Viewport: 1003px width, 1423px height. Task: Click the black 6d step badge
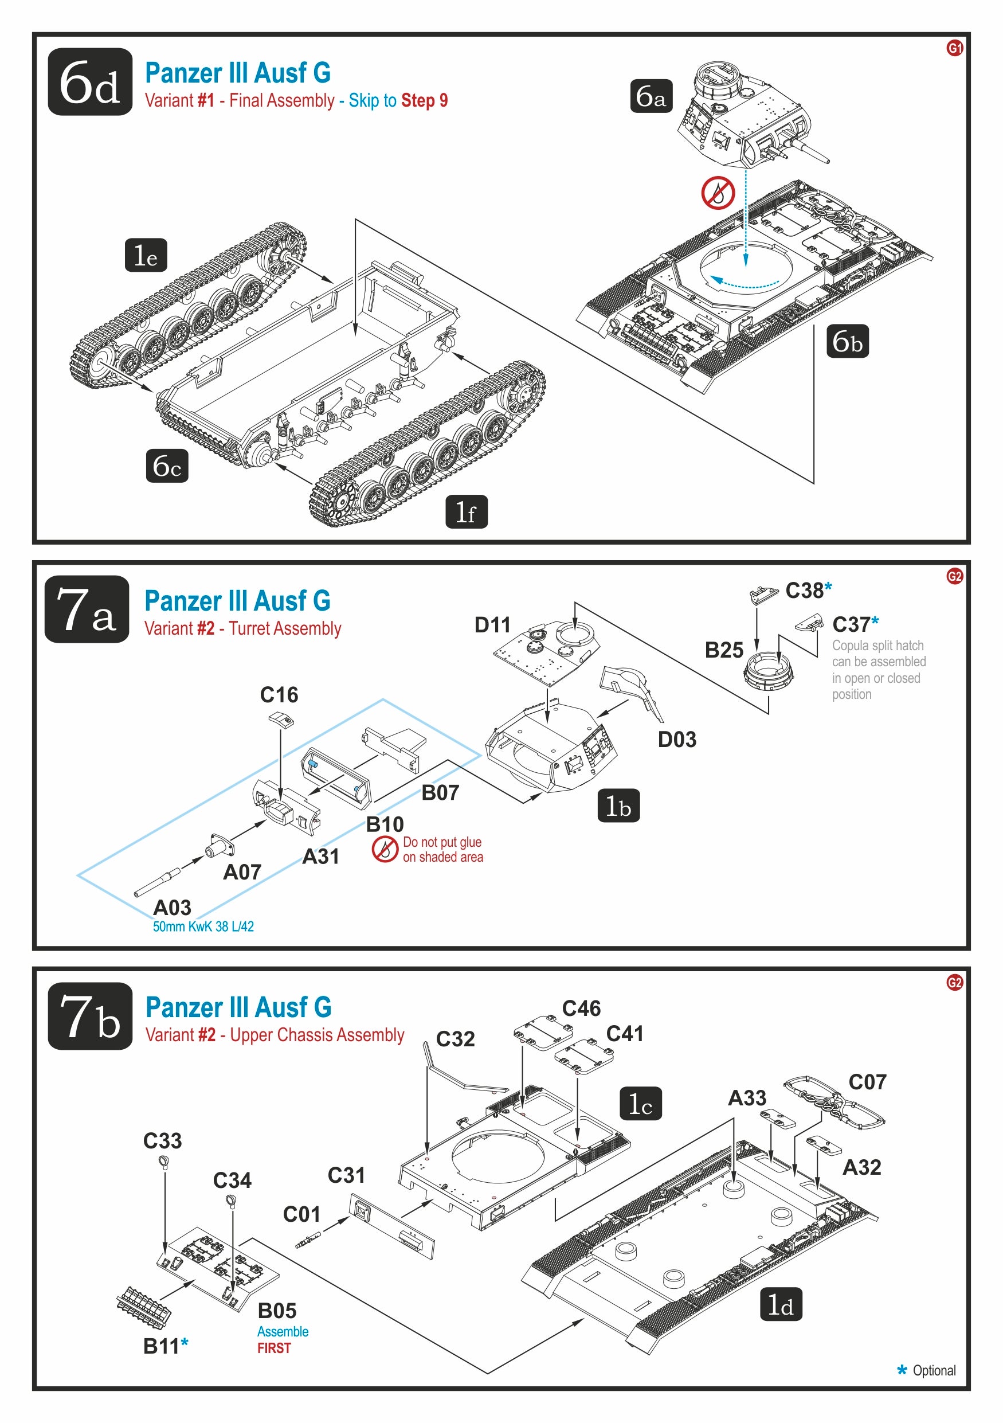click(90, 82)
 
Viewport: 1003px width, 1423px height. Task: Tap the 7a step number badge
click(87, 609)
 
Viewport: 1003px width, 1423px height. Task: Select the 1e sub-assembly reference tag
click(146, 255)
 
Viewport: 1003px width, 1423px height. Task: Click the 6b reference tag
click(847, 341)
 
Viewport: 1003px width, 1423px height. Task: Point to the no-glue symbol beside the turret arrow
click(718, 193)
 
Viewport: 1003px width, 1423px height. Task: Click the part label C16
click(279, 695)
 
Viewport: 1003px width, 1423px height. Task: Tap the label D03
click(676, 740)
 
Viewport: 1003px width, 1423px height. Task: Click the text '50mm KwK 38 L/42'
click(203, 926)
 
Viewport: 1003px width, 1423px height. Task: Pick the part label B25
click(724, 650)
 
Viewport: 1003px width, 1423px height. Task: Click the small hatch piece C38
click(763, 595)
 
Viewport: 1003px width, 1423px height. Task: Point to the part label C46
click(581, 1008)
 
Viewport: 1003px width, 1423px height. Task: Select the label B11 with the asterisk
click(166, 1346)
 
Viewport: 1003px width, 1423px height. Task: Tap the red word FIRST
click(274, 1348)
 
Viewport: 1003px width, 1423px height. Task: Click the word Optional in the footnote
click(934, 1370)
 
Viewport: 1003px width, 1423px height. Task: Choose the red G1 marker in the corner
click(955, 48)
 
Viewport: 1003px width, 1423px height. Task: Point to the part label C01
click(301, 1214)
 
